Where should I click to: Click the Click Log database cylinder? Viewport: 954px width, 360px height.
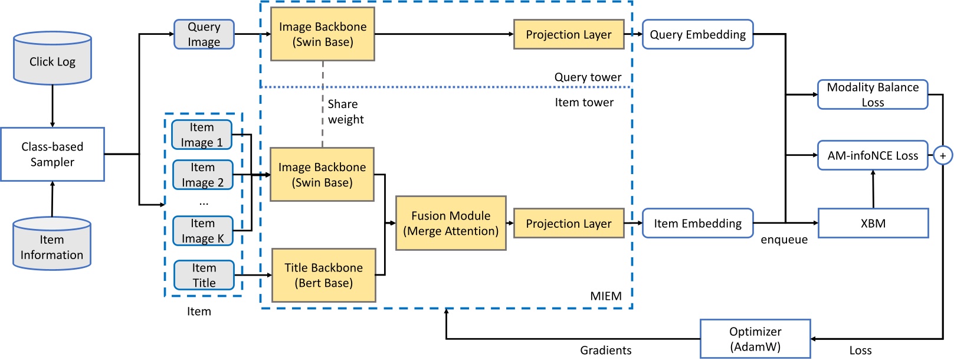point(53,58)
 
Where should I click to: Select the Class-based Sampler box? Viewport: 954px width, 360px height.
point(53,154)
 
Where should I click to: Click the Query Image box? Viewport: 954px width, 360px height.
point(204,34)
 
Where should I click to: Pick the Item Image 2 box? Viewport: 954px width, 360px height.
point(202,175)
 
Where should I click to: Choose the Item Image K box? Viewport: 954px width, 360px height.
point(202,231)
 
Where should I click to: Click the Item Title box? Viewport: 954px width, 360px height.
point(204,275)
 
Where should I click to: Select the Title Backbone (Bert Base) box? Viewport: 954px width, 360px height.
point(323,275)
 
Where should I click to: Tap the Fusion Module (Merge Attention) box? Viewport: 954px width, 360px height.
point(451,223)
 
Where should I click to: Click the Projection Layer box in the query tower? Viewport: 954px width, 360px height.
point(569,34)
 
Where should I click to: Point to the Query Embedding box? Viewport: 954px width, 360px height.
point(697,34)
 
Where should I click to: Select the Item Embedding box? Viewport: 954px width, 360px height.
point(697,223)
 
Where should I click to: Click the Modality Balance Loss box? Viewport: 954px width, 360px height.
point(873,94)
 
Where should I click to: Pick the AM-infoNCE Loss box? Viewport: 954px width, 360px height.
point(873,155)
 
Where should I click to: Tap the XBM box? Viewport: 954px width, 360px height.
point(873,223)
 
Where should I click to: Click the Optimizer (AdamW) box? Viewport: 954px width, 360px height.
point(755,339)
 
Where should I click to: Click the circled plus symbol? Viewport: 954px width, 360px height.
point(943,156)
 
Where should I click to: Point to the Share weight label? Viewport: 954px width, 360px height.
point(345,112)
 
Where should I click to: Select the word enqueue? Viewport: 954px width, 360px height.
point(783,239)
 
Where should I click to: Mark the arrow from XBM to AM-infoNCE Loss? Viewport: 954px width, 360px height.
point(873,189)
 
